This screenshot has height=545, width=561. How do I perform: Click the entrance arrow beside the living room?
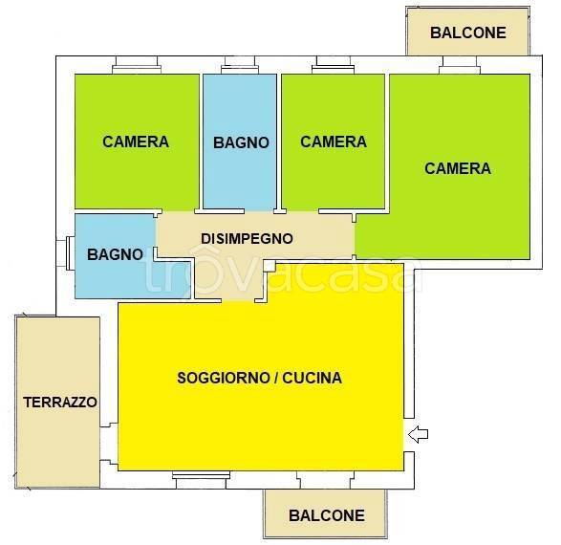419,436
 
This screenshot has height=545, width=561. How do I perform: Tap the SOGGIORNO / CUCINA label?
259,378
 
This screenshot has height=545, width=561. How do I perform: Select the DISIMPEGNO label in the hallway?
247,239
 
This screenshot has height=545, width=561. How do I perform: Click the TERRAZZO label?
60,403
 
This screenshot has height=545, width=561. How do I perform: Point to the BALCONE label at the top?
467,32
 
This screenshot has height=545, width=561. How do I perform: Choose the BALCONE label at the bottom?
327,515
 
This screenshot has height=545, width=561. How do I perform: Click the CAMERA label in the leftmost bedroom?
136,142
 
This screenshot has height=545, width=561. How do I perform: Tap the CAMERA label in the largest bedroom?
458,168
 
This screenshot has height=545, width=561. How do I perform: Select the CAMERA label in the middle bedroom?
334,142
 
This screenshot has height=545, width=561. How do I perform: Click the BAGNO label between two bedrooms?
241,142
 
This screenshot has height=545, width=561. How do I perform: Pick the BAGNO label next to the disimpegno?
115,254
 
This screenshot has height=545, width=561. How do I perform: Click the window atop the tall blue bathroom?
239,67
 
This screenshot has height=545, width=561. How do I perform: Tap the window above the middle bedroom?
333,67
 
